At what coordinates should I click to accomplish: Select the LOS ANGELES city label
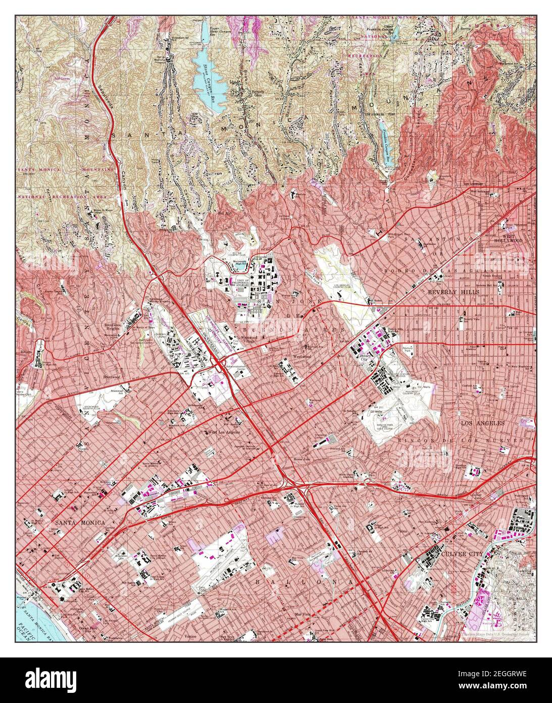tap(482, 423)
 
